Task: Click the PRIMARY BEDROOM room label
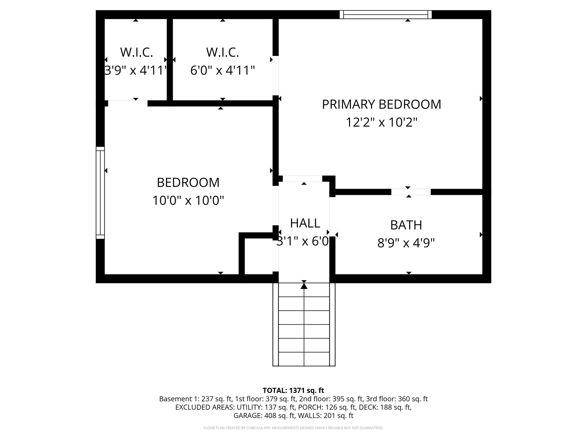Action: click(x=381, y=104)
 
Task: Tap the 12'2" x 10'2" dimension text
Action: click(x=382, y=123)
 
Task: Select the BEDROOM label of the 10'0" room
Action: click(x=188, y=182)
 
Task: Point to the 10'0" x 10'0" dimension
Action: click(x=188, y=201)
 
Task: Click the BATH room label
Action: click(x=406, y=225)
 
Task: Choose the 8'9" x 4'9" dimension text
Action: click(x=406, y=243)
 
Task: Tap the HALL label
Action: click(x=305, y=223)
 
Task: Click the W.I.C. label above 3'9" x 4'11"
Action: click(x=136, y=52)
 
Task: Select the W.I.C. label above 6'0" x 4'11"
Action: click(x=222, y=52)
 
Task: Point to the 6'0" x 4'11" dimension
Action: click(x=222, y=70)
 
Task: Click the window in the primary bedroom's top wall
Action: click(x=386, y=15)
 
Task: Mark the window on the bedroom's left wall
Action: click(x=100, y=193)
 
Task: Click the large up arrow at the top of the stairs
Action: click(x=304, y=286)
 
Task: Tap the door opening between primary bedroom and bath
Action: click(x=411, y=192)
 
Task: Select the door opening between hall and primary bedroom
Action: click(x=302, y=179)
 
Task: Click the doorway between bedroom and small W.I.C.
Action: click(x=128, y=103)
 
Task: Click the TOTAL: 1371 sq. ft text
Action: click(x=293, y=390)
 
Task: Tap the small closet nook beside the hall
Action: click(x=259, y=256)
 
